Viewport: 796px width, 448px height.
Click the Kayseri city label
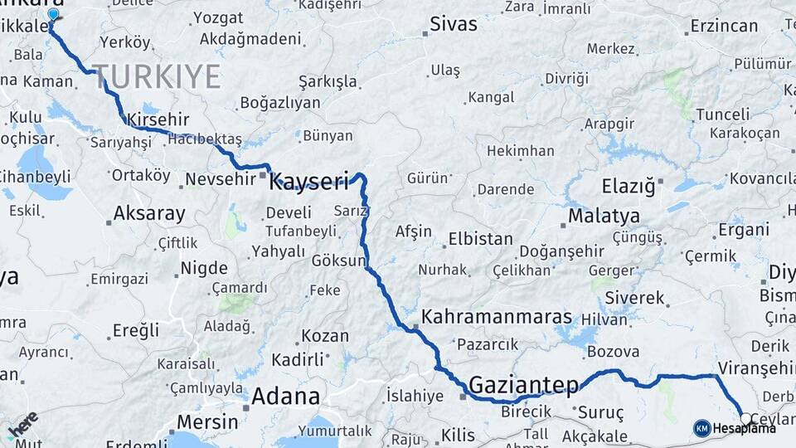309,181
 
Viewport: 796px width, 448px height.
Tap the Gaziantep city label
523,385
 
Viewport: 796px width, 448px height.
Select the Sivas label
454,24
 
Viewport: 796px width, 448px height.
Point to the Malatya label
604,217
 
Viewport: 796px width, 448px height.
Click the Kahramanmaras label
497,317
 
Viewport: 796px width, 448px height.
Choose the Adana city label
285,395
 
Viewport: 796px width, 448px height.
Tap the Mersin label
208,421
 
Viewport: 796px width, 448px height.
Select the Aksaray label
149,213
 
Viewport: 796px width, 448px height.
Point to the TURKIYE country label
157,76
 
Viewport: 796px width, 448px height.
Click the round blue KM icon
702,428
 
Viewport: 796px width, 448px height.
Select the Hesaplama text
745,428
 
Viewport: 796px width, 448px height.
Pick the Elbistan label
480,239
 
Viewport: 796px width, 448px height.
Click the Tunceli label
722,114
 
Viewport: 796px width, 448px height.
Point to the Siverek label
635,297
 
